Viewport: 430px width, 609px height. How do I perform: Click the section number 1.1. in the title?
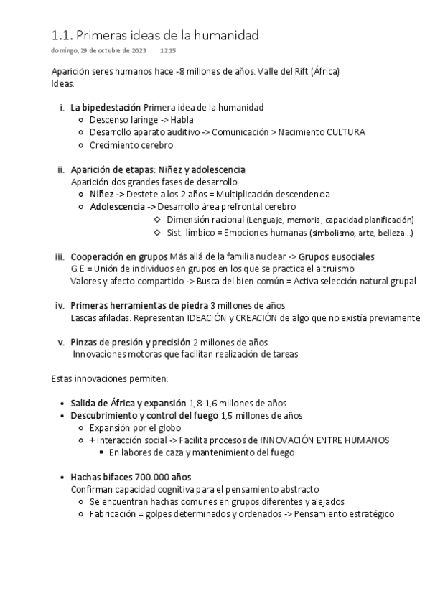pyautogui.click(x=62, y=35)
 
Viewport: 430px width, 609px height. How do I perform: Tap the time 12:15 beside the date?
pyautogui.click(x=168, y=51)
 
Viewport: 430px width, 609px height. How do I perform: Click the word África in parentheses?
pyautogui.click(x=323, y=72)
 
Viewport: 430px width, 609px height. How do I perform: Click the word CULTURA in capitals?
pyautogui.click(x=345, y=132)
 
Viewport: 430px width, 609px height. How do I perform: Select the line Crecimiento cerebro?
pyautogui.click(x=131, y=144)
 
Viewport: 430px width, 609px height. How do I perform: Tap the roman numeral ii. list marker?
pyautogui.click(x=60, y=169)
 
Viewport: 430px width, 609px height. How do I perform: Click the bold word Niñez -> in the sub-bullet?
pyautogui.click(x=107, y=194)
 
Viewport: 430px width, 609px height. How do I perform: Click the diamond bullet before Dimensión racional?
pyautogui.click(x=157, y=219)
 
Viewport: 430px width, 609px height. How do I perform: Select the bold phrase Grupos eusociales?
pyautogui.click(x=336, y=256)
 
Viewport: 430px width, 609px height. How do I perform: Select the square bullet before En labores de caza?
pyautogui.click(x=101, y=452)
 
